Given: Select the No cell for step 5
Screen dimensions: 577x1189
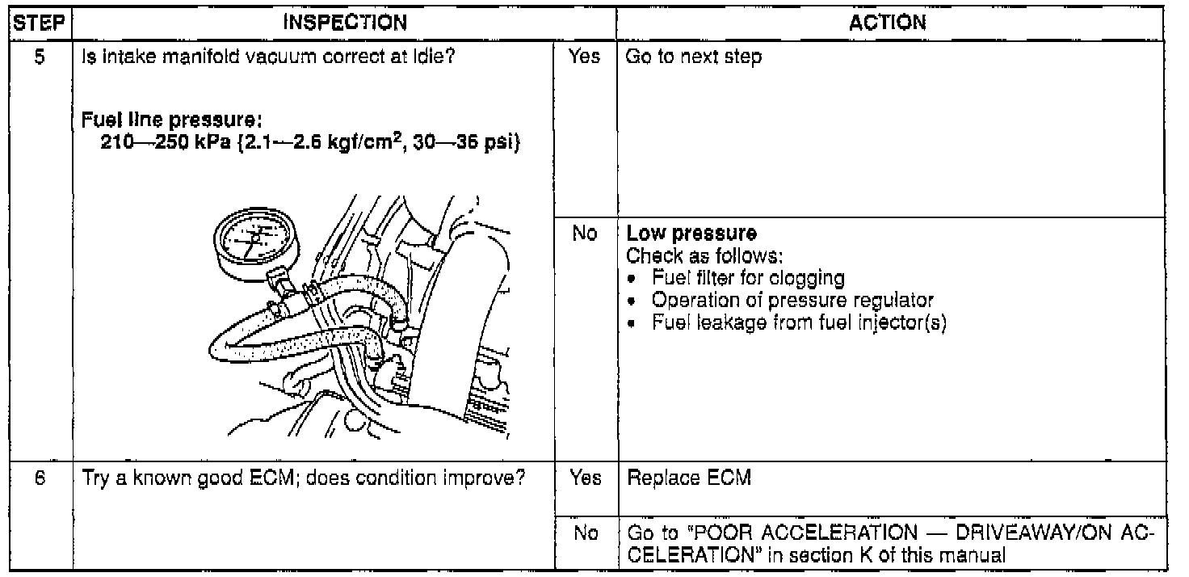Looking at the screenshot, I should (x=586, y=234).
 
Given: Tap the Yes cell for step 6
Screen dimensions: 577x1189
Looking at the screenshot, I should (x=586, y=478).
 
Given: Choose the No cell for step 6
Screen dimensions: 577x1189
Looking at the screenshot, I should (x=586, y=533).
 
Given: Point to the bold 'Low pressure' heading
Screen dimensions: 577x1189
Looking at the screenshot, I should (x=691, y=234).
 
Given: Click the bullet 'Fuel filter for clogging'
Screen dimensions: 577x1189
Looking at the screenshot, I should (x=748, y=277).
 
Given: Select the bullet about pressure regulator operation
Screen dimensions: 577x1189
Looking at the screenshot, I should (x=792, y=300).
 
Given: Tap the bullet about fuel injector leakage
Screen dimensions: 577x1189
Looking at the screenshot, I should (x=798, y=322).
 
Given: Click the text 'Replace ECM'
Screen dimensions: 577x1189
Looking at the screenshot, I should (x=689, y=478).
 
